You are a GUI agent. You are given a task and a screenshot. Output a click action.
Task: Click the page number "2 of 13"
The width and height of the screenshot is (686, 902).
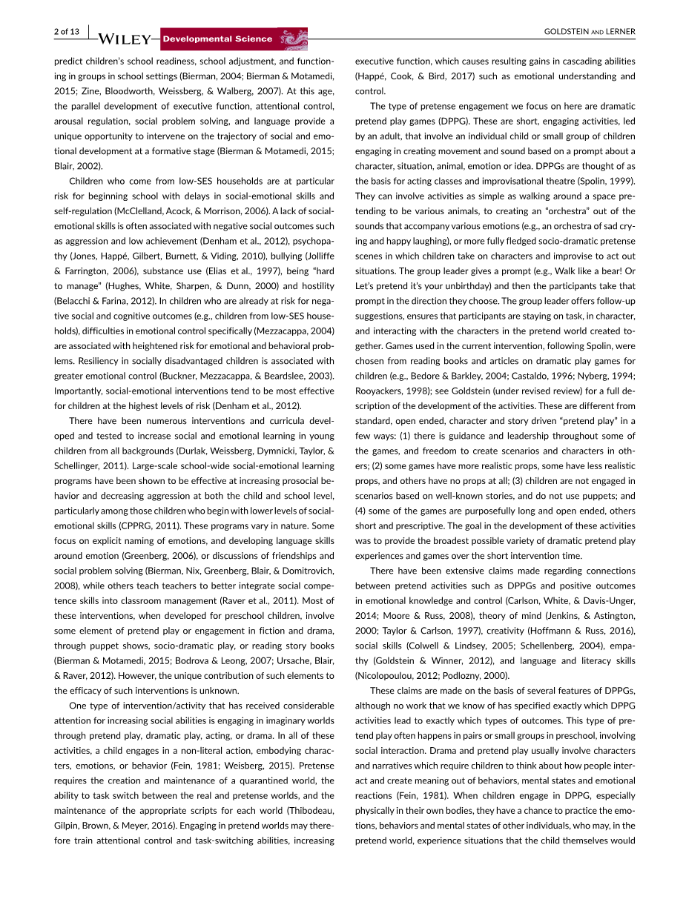[x=66, y=31]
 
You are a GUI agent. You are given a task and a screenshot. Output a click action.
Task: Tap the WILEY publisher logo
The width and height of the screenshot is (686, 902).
[x=123, y=39]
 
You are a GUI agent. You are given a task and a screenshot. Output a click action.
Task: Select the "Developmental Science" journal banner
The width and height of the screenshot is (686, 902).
[x=217, y=39]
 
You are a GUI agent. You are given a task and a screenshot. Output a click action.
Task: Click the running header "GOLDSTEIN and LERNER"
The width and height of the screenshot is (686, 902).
[x=590, y=31]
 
